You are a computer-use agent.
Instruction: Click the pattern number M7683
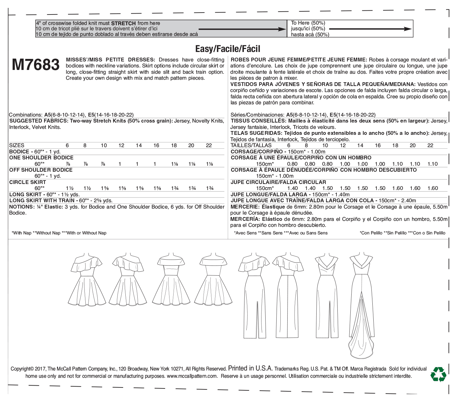pyautogui.click(x=36, y=65)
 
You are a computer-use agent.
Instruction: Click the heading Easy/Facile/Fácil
pyautogui.click(x=228, y=49)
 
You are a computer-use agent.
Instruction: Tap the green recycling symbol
pyautogui.click(x=438, y=374)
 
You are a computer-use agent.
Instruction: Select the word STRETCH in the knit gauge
pyautogui.click(x=123, y=23)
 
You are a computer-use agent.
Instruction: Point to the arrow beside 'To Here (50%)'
pyautogui.click(x=370, y=29)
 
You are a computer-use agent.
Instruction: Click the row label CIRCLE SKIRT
pyautogui.click(x=28, y=182)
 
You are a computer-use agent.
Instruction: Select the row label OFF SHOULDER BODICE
pyautogui.click(x=41, y=170)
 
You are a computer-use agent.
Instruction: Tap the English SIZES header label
pyautogui.click(x=17, y=145)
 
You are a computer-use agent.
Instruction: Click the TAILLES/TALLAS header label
pyautogui.click(x=251, y=145)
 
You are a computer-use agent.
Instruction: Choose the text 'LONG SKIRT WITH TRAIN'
pyautogui.click(x=42, y=200)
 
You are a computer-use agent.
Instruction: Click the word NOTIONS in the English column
pyautogui.click(x=21, y=207)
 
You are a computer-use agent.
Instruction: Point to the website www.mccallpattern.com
pyautogui.click(x=192, y=376)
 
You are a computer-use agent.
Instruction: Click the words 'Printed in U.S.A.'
pyautogui.click(x=250, y=368)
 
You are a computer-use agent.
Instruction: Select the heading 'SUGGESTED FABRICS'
pyautogui.click(x=38, y=121)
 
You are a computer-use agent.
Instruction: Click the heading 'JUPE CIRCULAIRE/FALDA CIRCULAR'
pyautogui.click(x=278, y=182)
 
